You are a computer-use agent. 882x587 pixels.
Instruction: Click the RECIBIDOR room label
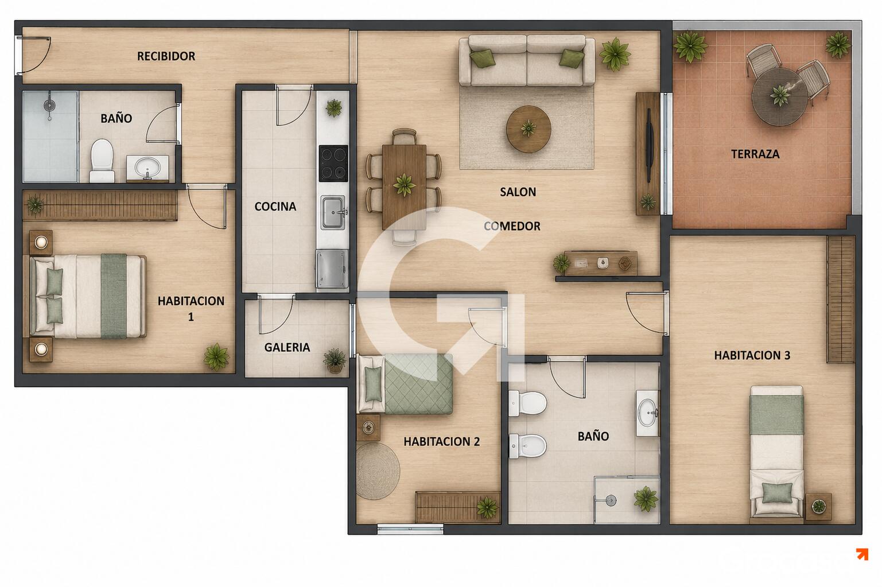[x=166, y=56]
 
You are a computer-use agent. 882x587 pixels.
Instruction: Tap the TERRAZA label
[x=755, y=154]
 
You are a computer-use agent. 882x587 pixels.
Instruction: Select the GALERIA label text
[x=287, y=347]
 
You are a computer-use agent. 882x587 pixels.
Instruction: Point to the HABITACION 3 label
[x=752, y=355]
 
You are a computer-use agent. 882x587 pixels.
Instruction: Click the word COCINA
[x=275, y=207]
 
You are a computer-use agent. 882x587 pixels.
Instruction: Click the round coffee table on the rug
[x=529, y=129]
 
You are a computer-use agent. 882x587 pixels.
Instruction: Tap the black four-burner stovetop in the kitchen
[x=333, y=164]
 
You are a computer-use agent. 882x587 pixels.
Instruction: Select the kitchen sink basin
[x=333, y=213]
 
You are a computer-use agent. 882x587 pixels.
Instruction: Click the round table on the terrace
[x=779, y=96]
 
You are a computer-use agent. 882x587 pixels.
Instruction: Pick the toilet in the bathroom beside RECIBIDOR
[x=102, y=160]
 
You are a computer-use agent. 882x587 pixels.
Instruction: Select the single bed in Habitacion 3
[x=776, y=452]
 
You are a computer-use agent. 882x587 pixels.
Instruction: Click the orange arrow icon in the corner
[x=862, y=554]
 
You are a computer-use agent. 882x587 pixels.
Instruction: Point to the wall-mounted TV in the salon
[x=649, y=145]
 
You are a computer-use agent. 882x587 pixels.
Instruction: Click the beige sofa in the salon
[x=527, y=60]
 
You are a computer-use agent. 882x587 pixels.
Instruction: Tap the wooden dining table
[x=404, y=187]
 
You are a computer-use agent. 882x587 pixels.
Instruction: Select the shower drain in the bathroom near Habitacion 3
[x=611, y=500]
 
